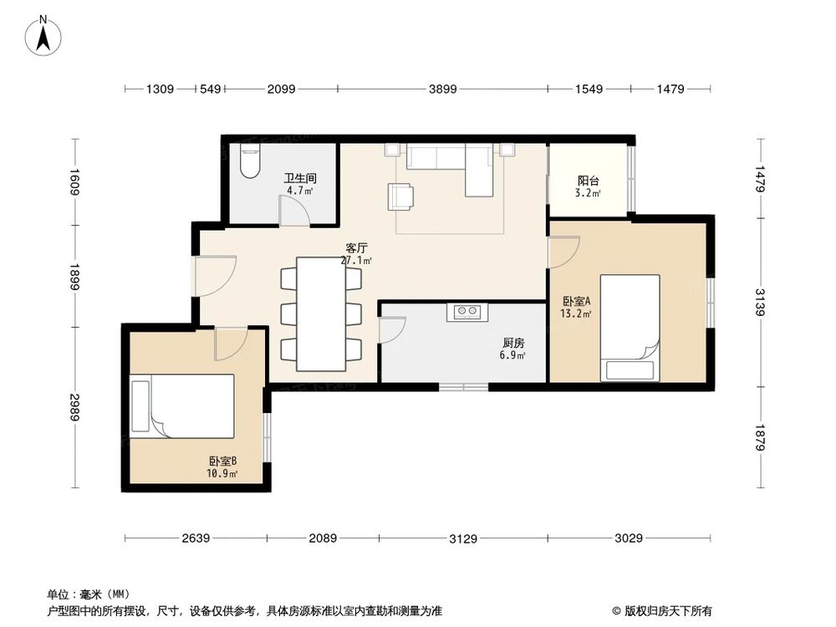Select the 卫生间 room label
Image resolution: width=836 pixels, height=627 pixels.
(x=299, y=178)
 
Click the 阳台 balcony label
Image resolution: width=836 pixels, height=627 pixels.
(x=589, y=180)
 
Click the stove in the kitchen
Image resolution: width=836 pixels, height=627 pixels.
(x=466, y=312)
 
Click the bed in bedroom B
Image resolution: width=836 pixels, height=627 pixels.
(x=183, y=406)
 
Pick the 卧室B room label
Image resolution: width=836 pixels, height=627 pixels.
(x=223, y=461)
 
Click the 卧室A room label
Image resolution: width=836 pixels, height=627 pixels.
(x=576, y=301)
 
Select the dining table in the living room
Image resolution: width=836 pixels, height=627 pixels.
(x=322, y=313)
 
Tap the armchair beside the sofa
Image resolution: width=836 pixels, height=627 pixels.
(x=400, y=196)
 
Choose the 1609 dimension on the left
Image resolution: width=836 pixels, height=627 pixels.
(x=74, y=182)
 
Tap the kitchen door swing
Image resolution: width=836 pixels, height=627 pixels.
(x=391, y=329)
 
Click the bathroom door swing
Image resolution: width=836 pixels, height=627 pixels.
(x=294, y=212)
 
